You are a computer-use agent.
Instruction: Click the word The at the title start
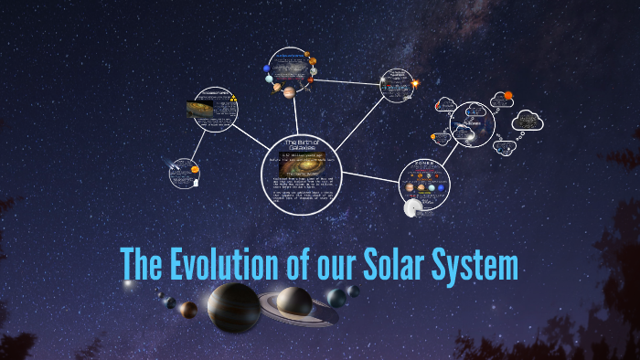pyautogui.click(x=140, y=265)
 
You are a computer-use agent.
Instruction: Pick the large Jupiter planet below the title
pyautogui.click(x=234, y=308)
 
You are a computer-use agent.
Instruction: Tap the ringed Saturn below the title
pyautogui.click(x=294, y=302)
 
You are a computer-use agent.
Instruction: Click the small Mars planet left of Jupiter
pyautogui.click(x=188, y=309)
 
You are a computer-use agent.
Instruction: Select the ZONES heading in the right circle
pyautogui.click(x=424, y=168)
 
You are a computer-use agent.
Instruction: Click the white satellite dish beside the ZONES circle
pyautogui.click(x=412, y=208)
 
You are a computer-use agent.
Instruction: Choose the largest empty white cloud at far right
pyautogui.click(x=528, y=121)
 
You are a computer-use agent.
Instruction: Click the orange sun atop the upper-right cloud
pyautogui.click(x=508, y=95)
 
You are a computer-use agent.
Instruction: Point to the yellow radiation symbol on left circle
pyautogui.click(x=233, y=98)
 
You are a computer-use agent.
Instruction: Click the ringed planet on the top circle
pyautogui.click(x=289, y=91)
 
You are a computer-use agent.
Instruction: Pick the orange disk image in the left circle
pyautogui.click(x=202, y=110)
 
